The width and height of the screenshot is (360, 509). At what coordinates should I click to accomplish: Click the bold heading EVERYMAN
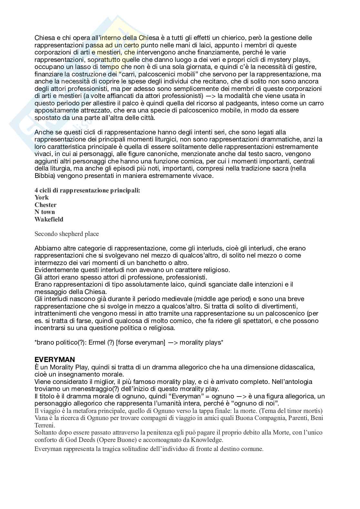tap(55, 360)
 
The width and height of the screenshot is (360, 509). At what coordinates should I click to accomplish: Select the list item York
tap(42, 198)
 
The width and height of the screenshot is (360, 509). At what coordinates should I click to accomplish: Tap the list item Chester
tap(45, 205)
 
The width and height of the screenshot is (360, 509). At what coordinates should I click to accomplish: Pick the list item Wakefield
tap(49, 220)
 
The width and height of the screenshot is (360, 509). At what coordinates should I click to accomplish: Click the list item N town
tap(45, 212)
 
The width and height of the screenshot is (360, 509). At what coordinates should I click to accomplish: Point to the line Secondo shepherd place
tap(66, 234)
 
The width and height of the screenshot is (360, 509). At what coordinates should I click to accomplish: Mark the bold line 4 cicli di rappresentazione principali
tap(87, 191)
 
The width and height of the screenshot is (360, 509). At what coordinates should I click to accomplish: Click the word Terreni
tap(44, 425)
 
